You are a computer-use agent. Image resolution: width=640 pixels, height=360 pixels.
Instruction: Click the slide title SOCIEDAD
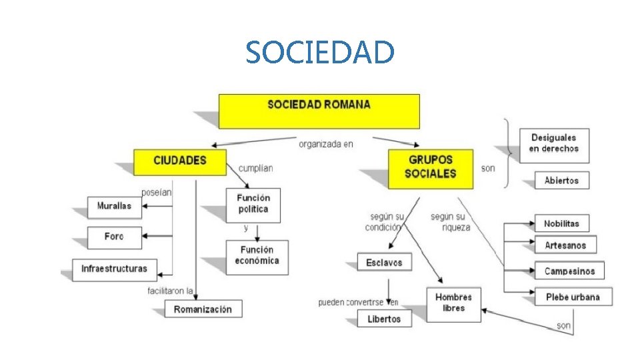tap(319, 52)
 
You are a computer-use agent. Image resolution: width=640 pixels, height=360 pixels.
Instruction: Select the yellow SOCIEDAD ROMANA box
tap(319, 111)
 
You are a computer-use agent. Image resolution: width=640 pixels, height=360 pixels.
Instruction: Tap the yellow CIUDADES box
tap(180, 162)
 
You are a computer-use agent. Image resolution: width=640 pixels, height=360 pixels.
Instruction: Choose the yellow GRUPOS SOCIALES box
tap(431, 169)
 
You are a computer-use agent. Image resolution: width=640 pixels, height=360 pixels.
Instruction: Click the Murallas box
tap(115, 207)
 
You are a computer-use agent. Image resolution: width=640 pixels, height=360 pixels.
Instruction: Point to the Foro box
tap(115, 237)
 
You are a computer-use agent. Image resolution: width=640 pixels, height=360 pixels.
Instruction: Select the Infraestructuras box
tap(115, 269)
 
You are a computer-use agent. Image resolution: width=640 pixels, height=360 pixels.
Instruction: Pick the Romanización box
tap(203, 309)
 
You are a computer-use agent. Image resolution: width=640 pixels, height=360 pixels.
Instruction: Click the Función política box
tap(253, 205)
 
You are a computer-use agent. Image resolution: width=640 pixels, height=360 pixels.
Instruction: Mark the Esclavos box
tap(385, 263)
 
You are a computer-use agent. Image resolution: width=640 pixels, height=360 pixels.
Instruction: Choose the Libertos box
tap(385, 319)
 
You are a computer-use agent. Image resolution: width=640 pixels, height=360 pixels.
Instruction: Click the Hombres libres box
tap(453, 303)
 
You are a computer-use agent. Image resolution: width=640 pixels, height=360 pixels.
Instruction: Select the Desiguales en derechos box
tap(554, 145)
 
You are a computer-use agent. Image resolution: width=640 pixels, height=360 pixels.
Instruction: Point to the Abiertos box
tap(562, 181)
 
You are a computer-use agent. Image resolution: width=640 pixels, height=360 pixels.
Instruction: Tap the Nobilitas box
tap(562, 224)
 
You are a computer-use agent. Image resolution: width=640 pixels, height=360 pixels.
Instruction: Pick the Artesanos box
tap(565, 245)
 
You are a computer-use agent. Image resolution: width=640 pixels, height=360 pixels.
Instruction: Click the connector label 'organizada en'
tap(326, 143)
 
